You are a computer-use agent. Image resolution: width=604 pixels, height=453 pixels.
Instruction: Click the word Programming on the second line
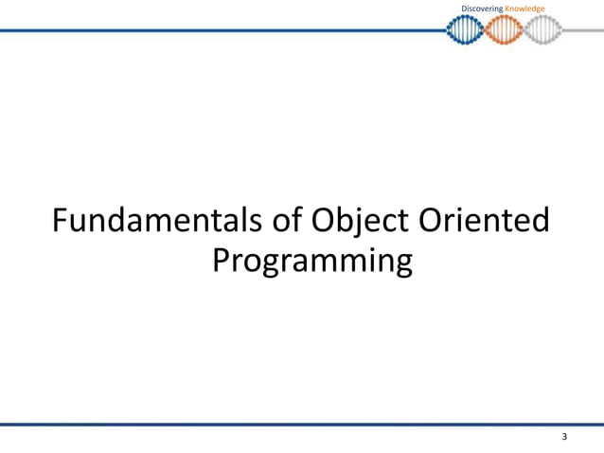pyautogui.click(x=311, y=263)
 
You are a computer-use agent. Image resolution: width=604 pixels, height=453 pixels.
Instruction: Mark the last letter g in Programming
pyautogui.click(x=401, y=264)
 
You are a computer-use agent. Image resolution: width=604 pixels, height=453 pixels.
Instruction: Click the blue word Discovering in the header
pyautogui.click(x=482, y=9)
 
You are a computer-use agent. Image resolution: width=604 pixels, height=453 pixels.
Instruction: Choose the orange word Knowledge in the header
pyautogui.click(x=524, y=9)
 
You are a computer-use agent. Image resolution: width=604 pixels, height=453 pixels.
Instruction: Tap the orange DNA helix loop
pyautogui.click(x=504, y=30)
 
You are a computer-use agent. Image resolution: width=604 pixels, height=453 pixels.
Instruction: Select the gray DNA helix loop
pyautogui.click(x=543, y=30)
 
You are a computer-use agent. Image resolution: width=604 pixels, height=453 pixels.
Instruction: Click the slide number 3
pyautogui.click(x=564, y=437)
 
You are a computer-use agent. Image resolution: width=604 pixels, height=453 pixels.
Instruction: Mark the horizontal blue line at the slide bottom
pyautogui.click(x=302, y=424)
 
